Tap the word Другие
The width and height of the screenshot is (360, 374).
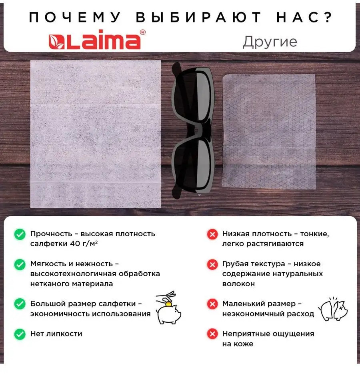[270, 42]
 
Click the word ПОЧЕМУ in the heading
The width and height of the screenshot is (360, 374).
[75, 17]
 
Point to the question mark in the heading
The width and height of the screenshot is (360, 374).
[328, 17]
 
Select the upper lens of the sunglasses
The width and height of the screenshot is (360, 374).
[193, 94]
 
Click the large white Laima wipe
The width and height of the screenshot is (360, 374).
[96, 134]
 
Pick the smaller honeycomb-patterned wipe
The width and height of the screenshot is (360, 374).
[269, 131]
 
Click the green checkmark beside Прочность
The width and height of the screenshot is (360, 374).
[20, 234]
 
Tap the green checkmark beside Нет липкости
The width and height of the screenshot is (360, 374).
[20, 334]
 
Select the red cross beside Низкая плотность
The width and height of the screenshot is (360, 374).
[212, 234]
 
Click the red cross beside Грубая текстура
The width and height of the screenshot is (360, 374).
[212, 264]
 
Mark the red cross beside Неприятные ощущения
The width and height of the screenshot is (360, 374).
[212, 334]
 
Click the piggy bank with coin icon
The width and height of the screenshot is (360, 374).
[168, 308]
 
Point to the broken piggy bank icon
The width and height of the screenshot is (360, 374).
[333, 309]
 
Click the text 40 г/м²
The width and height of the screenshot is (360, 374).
[84, 244]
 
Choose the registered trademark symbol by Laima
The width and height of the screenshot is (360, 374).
[143, 32]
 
